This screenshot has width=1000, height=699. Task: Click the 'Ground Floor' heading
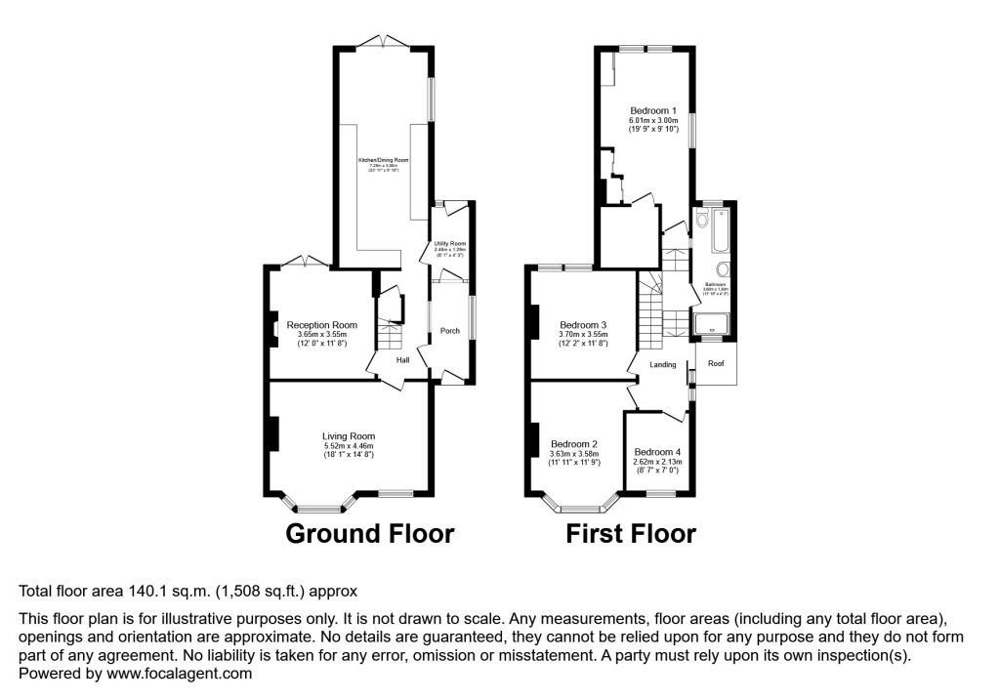(x=369, y=534)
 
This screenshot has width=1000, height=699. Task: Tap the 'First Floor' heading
(x=631, y=534)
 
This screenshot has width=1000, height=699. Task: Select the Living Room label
(x=349, y=436)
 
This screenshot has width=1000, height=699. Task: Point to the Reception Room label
(x=321, y=325)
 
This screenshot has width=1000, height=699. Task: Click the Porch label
(x=450, y=331)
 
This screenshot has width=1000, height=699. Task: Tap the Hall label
(x=402, y=360)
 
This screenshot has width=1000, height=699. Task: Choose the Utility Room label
(x=450, y=243)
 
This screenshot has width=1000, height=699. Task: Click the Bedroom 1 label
(x=653, y=110)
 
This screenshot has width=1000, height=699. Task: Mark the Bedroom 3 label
(x=583, y=325)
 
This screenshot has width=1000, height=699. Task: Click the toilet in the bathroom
(x=702, y=221)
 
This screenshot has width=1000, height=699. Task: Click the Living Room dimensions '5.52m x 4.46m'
(x=349, y=446)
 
